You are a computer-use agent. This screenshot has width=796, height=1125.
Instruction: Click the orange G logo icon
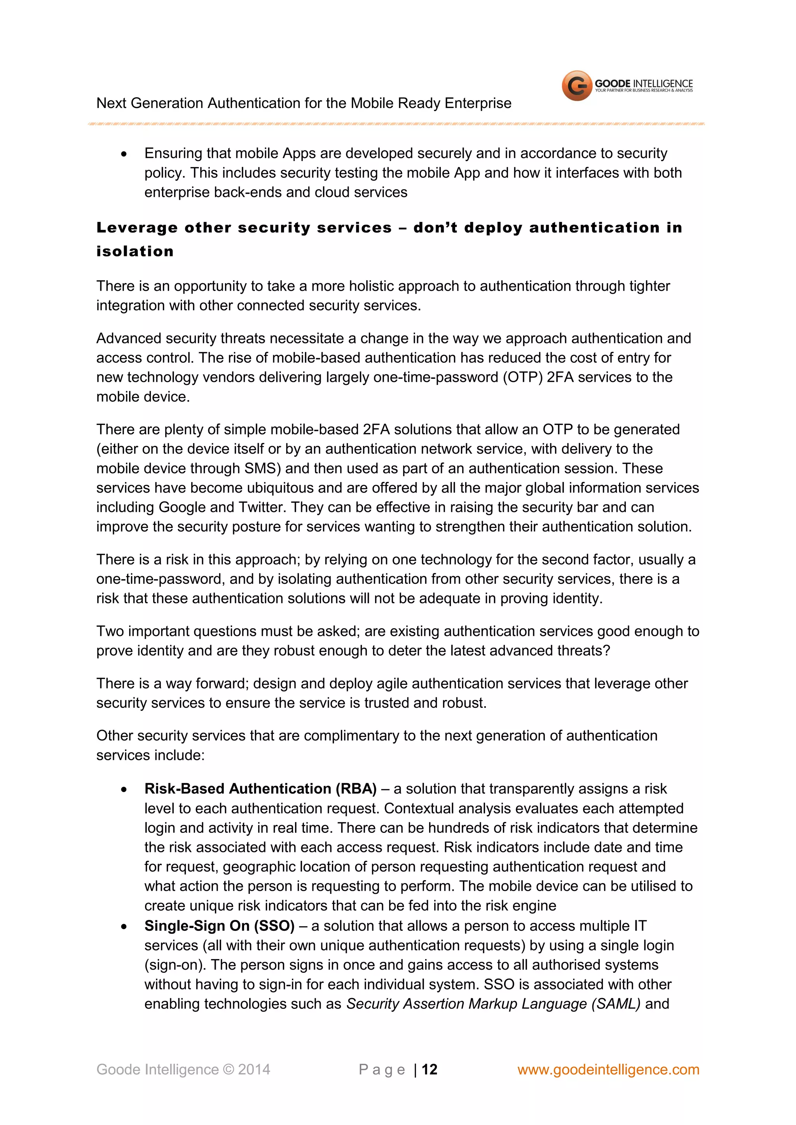[x=577, y=86]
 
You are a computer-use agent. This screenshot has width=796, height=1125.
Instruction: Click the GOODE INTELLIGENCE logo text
[x=643, y=84]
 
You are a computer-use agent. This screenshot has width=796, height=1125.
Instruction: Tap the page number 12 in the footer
[x=429, y=1069]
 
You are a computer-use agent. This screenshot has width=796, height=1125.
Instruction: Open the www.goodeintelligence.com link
[x=608, y=1069]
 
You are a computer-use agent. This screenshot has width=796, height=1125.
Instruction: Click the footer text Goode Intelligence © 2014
[x=183, y=1069]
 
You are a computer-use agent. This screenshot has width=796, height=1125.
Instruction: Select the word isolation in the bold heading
[x=135, y=251]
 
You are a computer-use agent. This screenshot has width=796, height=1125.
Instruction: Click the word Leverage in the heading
[x=137, y=228]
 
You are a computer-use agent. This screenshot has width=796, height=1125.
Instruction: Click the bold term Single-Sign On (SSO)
[x=219, y=926]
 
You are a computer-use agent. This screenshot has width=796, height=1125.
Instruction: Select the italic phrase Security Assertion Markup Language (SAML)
[x=493, y=1003]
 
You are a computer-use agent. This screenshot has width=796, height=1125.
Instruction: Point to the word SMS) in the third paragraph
[x=262, y=468]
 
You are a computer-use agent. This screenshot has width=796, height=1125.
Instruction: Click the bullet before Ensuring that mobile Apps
[x=124, y=154]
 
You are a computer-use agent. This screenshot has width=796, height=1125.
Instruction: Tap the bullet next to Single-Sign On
[x=124, y=926]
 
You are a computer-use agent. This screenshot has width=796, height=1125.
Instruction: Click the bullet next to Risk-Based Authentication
[x=124, y=789]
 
